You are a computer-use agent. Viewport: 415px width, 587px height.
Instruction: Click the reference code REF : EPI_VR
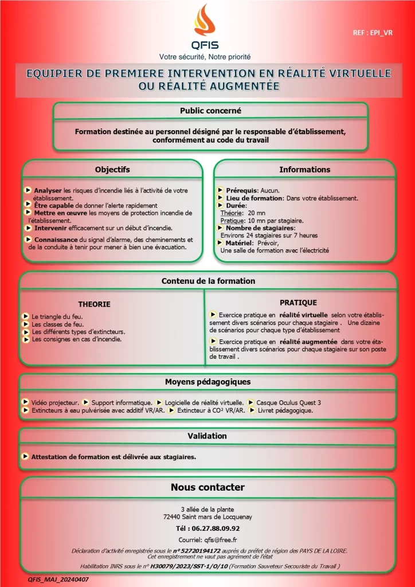click(x=373, y=33)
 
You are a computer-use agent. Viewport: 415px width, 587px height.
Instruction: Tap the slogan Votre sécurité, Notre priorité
click(x=205, y=57)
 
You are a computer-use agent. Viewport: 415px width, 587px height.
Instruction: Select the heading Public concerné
click(x=210, y=111)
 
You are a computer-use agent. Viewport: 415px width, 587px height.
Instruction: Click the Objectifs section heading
click(x=112, y=169)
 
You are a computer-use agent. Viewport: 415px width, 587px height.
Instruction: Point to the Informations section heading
click(x=304, y=169)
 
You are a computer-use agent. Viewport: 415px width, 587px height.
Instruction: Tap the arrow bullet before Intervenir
click(x=28, y=228)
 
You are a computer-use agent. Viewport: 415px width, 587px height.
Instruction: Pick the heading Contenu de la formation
click(x=208, y=281)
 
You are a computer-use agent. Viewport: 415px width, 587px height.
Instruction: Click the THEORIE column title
click(x=94, y=304)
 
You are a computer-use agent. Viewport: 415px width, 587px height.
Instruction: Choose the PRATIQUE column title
click(x=298, y=303)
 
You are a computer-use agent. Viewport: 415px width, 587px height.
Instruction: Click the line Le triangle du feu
click(x=58, y=316)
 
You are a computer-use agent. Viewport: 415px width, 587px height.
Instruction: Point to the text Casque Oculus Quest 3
click(x=288, y=402)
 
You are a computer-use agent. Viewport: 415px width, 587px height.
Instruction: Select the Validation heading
click(x=207, y=436)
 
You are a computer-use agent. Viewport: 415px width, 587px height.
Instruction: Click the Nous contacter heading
click(x=207, y=487)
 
